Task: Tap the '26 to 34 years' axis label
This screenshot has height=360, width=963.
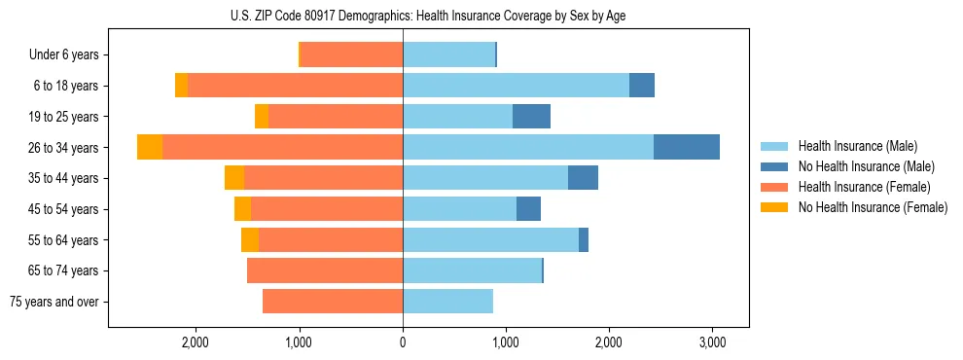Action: click(65, 148)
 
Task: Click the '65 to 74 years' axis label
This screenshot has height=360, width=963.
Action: click(65, 270)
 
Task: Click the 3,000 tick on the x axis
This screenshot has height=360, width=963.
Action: click(711, 342)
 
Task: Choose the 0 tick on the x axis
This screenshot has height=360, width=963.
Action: click(403, 342)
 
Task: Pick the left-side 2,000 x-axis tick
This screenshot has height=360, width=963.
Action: click(196, 342)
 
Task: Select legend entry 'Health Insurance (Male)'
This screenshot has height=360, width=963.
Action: click(857, 146)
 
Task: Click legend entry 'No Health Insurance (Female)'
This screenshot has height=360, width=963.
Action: click(873, 207)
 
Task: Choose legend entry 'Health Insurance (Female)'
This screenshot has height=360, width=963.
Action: click(865, 187)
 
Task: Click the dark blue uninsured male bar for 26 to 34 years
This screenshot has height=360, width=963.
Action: click(686, 147)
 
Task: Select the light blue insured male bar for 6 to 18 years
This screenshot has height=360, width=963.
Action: click(516, 86)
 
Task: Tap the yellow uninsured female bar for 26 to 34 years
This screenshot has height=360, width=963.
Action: click(150, 147)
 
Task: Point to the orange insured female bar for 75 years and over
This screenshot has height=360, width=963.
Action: click(333, 302)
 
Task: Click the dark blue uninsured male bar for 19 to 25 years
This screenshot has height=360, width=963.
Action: click(531, 117)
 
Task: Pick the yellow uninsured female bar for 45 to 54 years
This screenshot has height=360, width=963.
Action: click(242, 209)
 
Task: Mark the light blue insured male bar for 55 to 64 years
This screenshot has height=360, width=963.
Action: click(490, 239)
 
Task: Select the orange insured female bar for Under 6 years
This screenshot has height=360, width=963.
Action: click(352, 55)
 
